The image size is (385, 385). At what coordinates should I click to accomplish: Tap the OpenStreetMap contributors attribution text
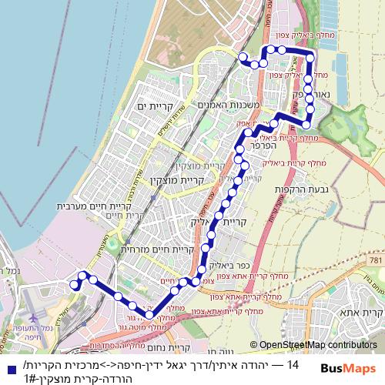313,346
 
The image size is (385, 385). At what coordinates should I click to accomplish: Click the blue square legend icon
8,367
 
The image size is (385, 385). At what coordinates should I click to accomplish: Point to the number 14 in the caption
293,363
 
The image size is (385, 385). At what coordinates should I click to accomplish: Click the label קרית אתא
361,314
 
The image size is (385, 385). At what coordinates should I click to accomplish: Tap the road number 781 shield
374,263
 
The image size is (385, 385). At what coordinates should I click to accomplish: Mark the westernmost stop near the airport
75,285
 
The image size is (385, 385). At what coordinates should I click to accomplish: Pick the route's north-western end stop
242,57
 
